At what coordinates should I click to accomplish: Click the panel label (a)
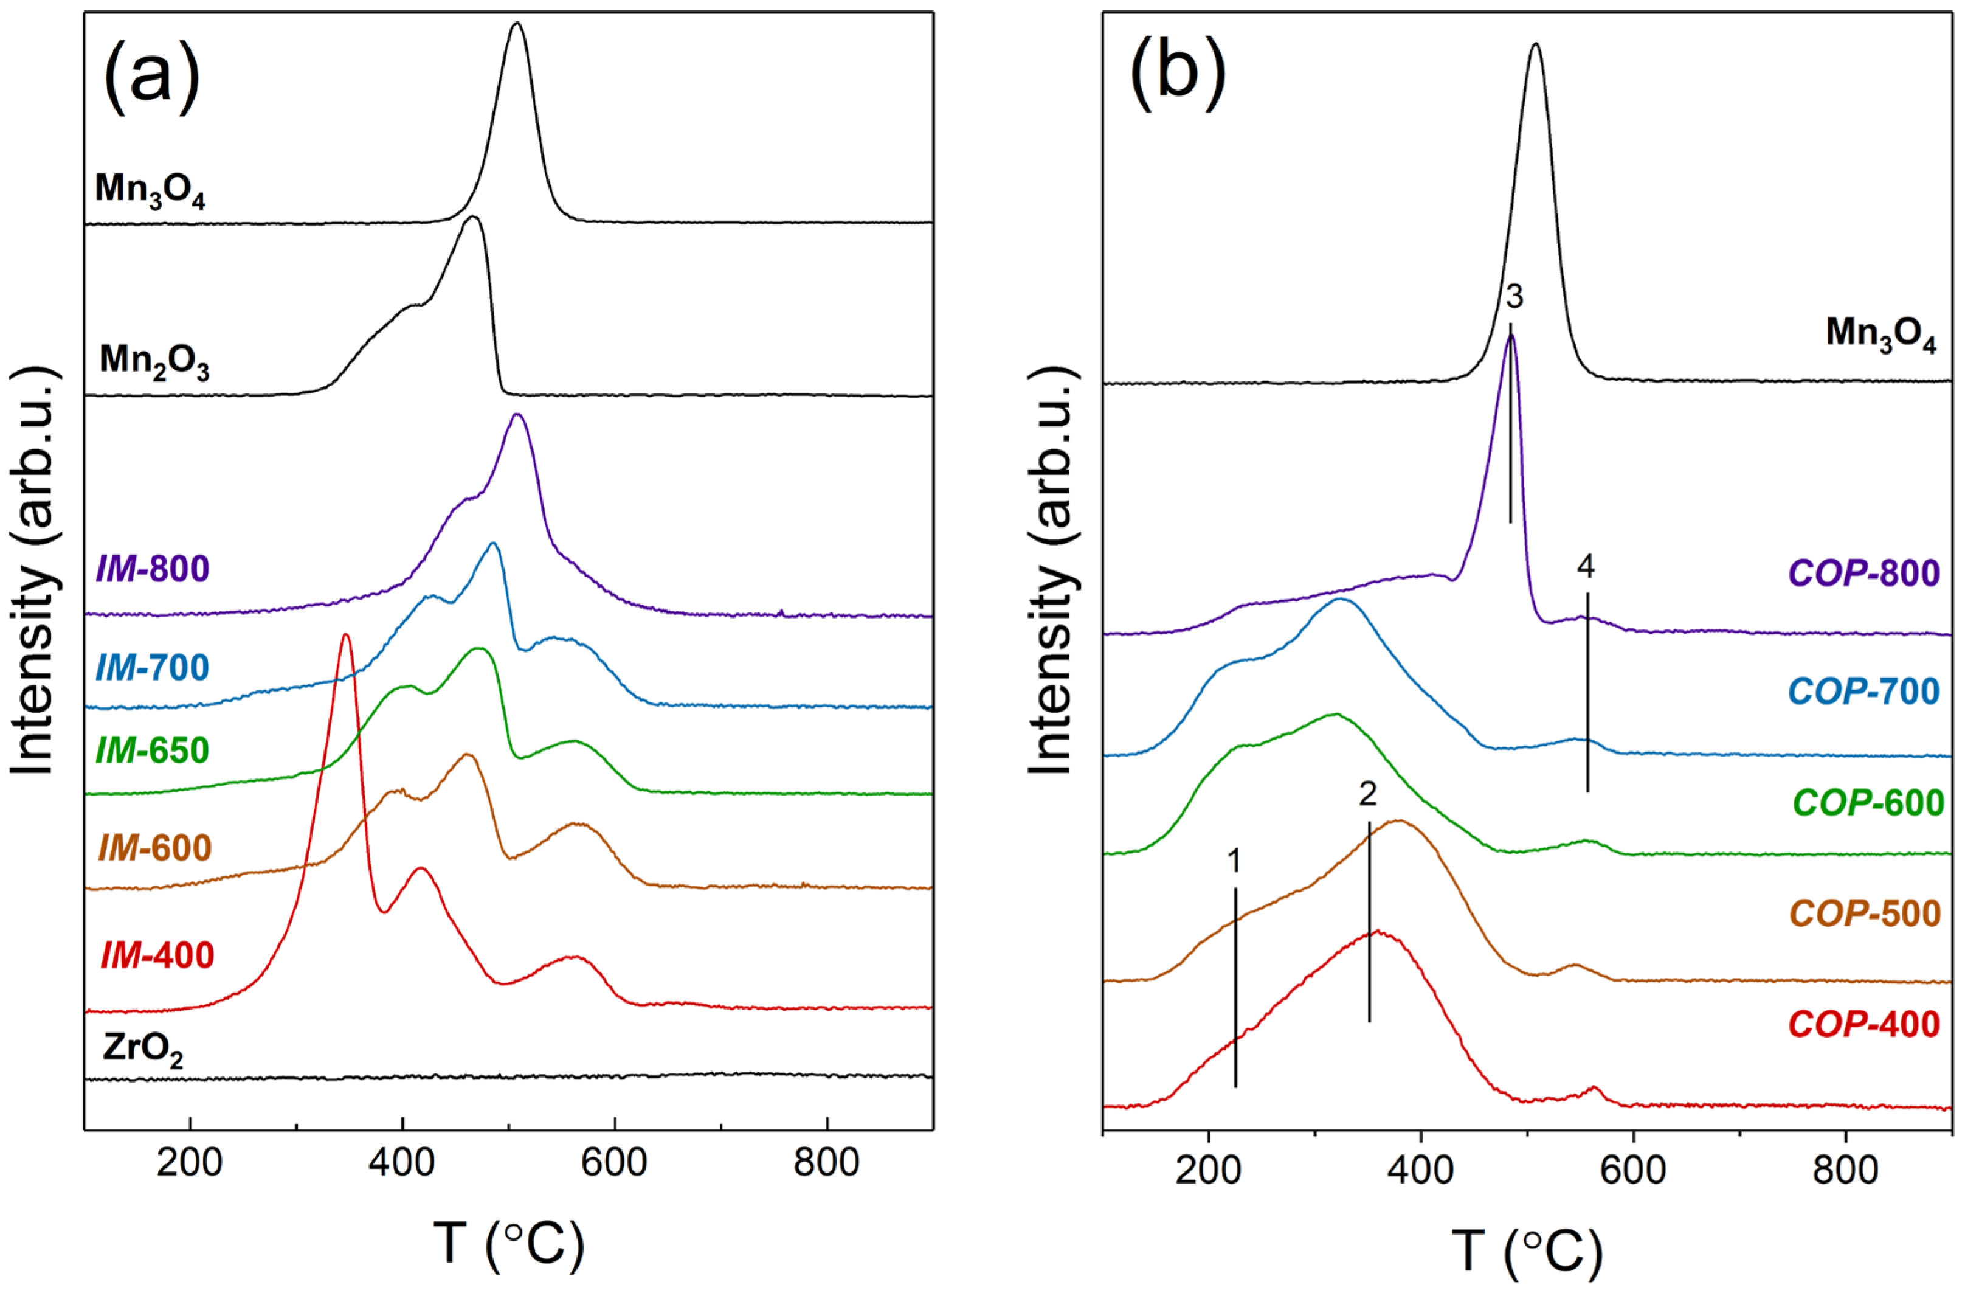(x=152, y=80)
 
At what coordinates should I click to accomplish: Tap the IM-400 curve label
(x=157, y=955)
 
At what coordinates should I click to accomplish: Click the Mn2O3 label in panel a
(x=154, y=362)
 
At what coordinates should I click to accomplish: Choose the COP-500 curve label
(x=1864, y=913)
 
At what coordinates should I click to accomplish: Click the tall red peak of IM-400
(x=345, y=636)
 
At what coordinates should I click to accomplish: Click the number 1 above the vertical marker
(x=1234, y=862)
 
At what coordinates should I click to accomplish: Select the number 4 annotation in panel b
(x=1585, y=566)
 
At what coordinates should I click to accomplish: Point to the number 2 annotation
(x=1368, y=794)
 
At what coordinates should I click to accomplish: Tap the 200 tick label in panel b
(x=1208, y=1170)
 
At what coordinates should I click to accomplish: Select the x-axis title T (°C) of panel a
(x=509, y=1244)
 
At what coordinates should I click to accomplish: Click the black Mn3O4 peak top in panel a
(x=517, y=25)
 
